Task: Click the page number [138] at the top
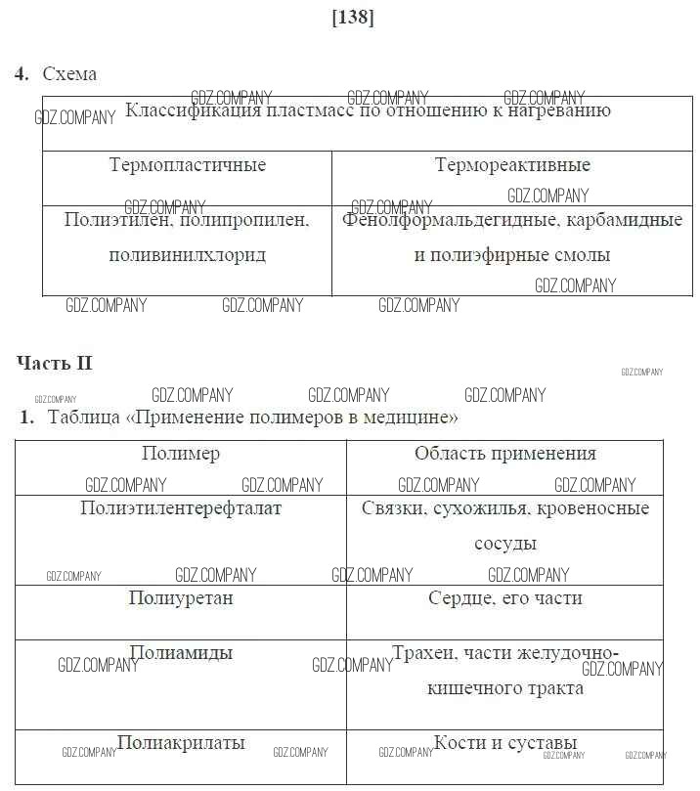[353, 17]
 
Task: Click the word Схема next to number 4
[69, 74]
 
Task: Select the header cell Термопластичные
[188, 165]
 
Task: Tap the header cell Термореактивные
[512, 165]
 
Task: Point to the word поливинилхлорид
[188, 255]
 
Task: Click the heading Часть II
[55, 363]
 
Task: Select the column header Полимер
[181, 454]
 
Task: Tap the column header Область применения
[504, 454]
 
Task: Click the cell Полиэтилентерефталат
[181, 508]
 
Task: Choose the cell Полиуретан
[181, 598]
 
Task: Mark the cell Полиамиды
[181, 653]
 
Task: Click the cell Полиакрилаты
[181, 743]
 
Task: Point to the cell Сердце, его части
[504, 598]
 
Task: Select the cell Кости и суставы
[504, 743]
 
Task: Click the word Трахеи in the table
[421, 653]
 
